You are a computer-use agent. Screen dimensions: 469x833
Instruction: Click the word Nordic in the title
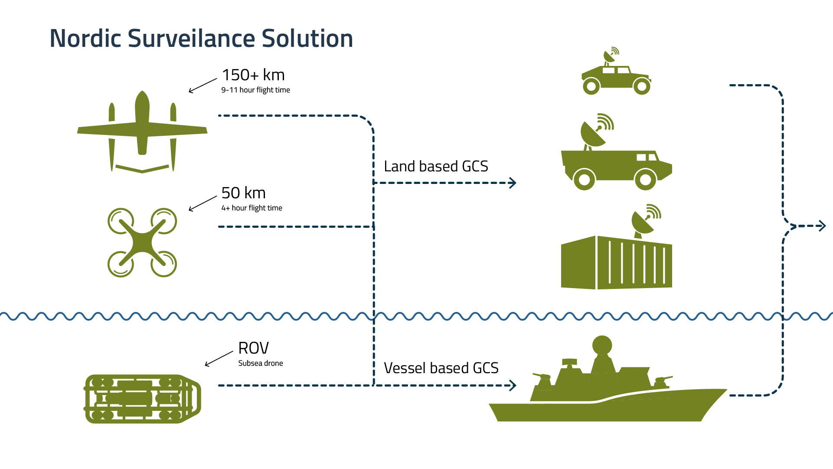tap(85, 38)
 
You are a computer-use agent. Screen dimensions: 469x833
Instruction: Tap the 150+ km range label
tap(253, 75)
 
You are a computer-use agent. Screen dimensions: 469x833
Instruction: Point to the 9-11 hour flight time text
tap(255, 90)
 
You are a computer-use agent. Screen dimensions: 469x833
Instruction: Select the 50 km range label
tap(243, 193)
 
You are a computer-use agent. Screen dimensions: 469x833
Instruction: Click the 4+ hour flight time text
tap(252, 208)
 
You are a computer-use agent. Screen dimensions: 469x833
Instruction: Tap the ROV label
tap(253, 348)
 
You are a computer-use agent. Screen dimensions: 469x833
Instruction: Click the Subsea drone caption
tap(260, 364)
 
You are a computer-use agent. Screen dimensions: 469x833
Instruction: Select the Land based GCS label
tap(436, 167)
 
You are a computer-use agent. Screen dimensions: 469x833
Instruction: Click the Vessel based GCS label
tap(441, 368)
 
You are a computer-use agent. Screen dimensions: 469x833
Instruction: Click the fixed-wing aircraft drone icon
tap(142, 130)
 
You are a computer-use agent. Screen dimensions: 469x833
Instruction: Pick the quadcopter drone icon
tap(142, 243)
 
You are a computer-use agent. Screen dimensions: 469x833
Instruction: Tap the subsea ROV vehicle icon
tap(142, 399)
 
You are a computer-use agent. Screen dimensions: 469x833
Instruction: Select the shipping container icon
tap(616, 263)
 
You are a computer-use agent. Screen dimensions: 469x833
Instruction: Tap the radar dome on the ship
tap(602, 345)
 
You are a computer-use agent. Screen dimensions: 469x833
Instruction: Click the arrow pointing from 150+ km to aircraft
tap(203, 85)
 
